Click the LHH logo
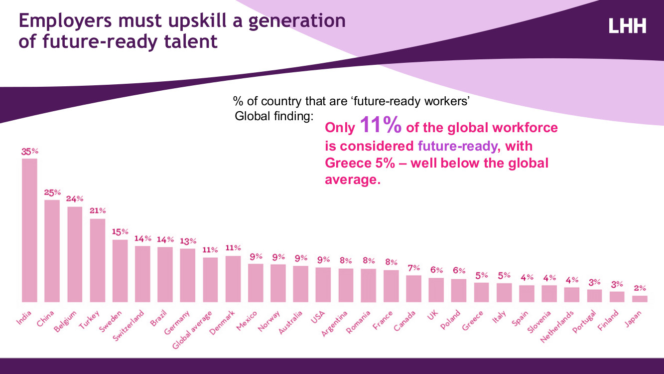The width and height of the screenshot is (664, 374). (x=627, y=25)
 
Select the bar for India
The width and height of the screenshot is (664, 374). (x=29, y=230)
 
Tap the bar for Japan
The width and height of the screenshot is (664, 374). (x=640, y=298)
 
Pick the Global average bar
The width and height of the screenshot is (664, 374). (x=210, y=279)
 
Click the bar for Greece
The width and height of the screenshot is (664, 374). (x=481, y=292)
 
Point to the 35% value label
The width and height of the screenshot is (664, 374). (x=29, y=151)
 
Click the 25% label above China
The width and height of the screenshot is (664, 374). (x=52, y=192)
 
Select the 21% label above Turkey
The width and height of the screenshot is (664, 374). (x=98, y=211)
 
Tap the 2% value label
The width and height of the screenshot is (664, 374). (x=640, y=288)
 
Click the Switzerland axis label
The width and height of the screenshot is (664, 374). (x=129, y=325)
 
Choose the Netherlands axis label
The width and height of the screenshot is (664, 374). (x=557, y=327)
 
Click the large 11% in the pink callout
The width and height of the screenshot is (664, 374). (x=380, y=125)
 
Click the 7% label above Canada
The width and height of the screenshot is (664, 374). (x=413, y=268)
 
